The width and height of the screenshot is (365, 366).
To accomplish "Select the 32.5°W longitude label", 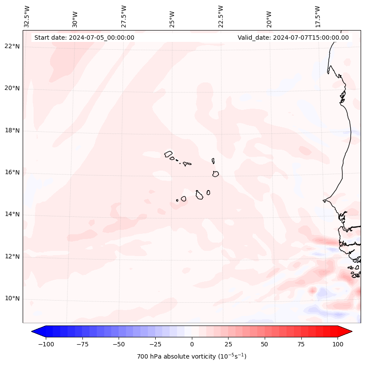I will [27, 16].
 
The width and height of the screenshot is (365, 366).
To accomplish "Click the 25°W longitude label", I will [172, 17].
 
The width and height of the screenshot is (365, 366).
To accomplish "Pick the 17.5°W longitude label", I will [317, 16].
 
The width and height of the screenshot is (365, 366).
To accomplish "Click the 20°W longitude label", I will [269, 17].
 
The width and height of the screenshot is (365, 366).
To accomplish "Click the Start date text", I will [84, 38].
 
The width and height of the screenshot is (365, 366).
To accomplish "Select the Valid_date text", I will [293, 38].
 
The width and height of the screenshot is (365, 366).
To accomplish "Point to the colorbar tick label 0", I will [192, 344].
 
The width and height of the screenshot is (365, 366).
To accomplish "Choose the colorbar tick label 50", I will [264, 344].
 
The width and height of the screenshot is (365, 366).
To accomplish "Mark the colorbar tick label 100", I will [338, 344].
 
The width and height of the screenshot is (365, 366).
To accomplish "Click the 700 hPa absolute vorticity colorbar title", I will [191, 356].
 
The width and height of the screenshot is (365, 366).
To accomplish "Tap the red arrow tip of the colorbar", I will [348, 332].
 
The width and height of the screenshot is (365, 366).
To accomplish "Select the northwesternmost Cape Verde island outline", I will [168, 154].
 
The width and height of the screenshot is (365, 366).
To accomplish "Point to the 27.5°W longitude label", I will [124, 16].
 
